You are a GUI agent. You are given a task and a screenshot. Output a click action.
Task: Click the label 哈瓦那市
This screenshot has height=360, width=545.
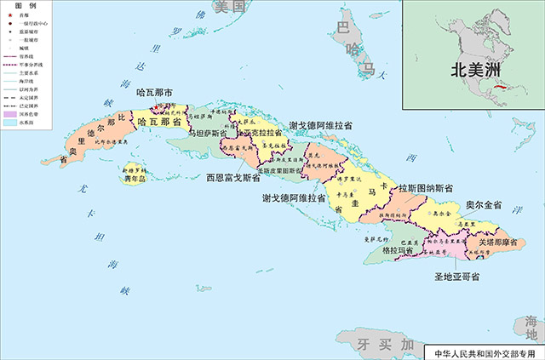[x=155, y=92]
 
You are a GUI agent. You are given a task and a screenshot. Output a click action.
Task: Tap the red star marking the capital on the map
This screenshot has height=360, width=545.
[x=157, y=107]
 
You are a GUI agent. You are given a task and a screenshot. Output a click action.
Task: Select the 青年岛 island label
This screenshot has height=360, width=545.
[x=132, y=179]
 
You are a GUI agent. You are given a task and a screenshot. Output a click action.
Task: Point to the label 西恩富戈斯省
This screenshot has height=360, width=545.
[x=233, y=179]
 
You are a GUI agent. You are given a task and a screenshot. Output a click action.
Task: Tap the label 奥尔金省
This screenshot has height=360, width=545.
[x=484, y=206]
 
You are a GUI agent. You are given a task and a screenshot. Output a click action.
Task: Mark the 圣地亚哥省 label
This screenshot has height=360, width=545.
[x=456, y=277]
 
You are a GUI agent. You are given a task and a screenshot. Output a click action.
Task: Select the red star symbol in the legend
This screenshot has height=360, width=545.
[x=11, y=15]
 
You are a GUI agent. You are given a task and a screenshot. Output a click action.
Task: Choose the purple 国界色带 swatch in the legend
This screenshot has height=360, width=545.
[x=10, y=112]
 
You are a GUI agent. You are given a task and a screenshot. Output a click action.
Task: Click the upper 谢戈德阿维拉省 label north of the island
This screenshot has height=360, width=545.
[x=321, y=124]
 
